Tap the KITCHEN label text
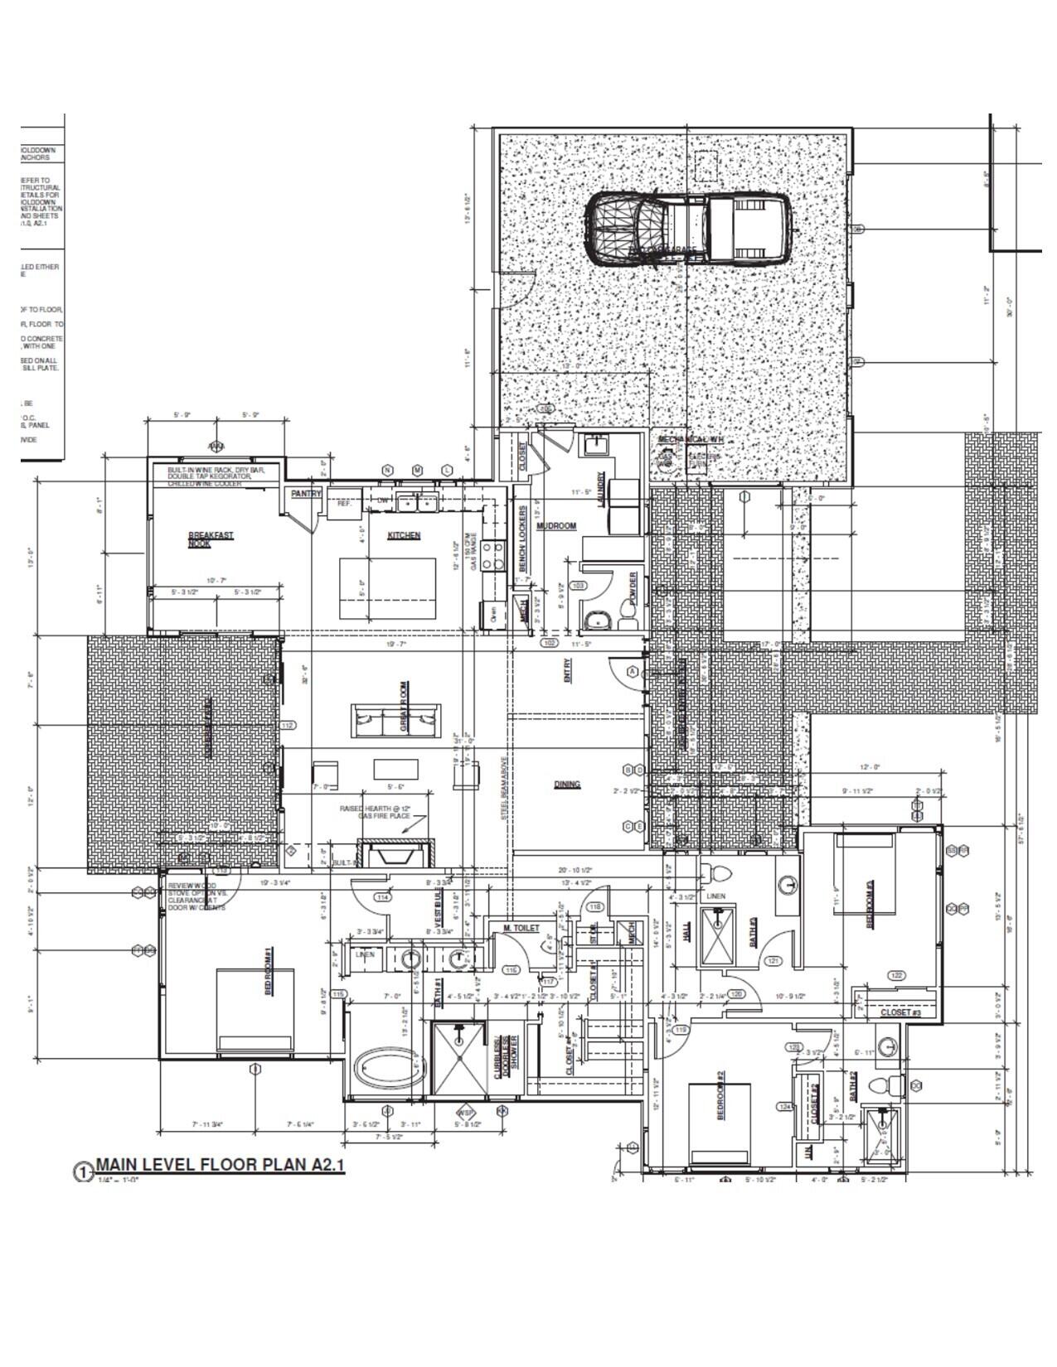click(404, 535)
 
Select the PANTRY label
click(306, 494)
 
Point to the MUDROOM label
click(555, 526)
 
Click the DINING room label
click(567, 785)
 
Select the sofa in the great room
click(395, 720)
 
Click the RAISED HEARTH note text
click(375, 812)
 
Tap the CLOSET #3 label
click(900, 1012)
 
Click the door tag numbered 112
click(288, 726)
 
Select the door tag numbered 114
click(382, 897)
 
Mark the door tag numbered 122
click(896, 975)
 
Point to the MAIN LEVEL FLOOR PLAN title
click(220, 1164)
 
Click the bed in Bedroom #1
click(255, 1010)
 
